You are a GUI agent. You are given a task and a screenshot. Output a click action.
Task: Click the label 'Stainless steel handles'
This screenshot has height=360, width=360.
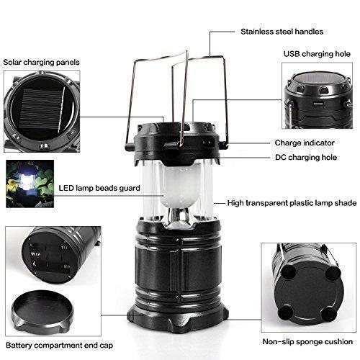pos(282,32)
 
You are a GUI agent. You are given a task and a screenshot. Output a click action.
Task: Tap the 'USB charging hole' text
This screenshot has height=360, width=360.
pos(317,54)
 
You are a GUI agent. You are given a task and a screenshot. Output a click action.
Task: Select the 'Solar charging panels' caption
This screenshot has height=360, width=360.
pos(41,63)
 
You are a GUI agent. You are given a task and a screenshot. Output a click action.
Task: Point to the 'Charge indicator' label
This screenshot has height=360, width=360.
pos(305,143)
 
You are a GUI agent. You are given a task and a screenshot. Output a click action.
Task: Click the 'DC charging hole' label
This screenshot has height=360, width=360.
pos(306,158)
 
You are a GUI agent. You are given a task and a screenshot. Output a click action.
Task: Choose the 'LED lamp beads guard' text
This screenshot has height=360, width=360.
pos(99,188)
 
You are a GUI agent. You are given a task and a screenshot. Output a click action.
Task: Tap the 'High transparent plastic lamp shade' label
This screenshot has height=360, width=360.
pos(292,203)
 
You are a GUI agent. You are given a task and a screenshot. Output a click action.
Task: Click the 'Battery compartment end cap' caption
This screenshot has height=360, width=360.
pos(59,346)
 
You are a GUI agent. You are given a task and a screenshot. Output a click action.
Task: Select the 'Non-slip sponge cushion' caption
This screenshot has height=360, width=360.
pos(307,341)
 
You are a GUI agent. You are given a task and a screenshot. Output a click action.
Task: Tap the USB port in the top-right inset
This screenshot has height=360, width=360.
pos(318,104)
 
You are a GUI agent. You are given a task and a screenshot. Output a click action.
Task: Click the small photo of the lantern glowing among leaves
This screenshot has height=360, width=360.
pos(30,184)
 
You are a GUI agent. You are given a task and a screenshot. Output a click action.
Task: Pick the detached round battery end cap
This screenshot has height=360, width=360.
pos(42,310)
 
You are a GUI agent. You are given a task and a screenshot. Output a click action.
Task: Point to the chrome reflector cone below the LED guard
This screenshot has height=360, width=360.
pos(181,217)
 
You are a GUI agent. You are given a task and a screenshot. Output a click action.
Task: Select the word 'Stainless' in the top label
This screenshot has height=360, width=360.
pos(257,32)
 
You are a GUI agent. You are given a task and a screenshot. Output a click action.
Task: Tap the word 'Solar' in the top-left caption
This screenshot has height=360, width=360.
pos(12,63)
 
